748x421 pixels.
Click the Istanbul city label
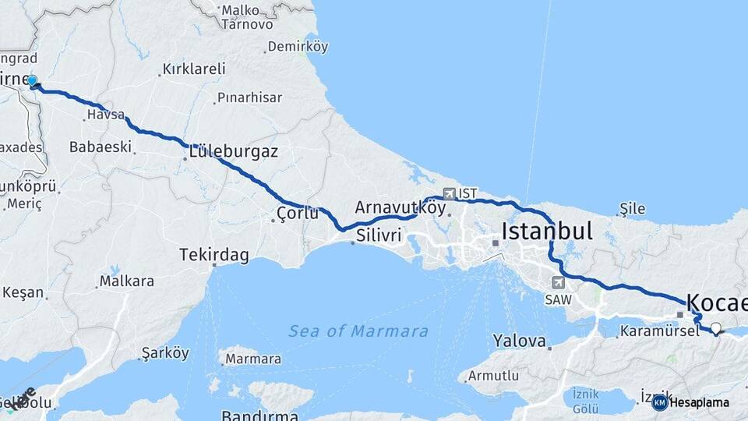(x=547, y=231)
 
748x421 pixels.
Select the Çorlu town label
(x=298, y=213)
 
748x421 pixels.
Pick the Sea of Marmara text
(x=358, y=331)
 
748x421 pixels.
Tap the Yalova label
(x=520, y=341)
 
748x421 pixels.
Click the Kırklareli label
(x=193, y=69)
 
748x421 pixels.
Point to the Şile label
(x=632, y=208)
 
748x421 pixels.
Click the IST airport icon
(x=450, y=193)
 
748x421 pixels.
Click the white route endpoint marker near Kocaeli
(x=715, y=328)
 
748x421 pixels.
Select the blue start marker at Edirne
(x=33, y=80)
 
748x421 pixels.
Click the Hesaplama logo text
(x=700, y=402)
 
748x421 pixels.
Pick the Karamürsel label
(x=654, y=331)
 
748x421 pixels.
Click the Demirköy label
(x=297, y=47)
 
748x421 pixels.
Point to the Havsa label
(x=105, y=115)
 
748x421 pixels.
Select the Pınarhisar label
(x=249, y=97)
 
